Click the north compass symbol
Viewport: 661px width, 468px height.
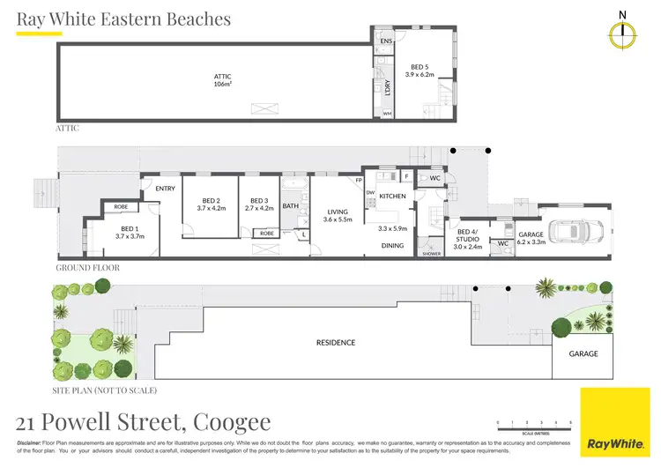[x=623, y=33]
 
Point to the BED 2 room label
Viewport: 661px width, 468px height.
[x=212, y=204]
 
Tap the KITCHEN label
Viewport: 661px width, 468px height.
[x=392, y=196]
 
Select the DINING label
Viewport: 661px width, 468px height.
[x=392, y=246]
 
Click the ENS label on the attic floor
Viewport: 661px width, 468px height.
[x=385, y=41]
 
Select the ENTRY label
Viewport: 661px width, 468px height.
[x=165, y=189]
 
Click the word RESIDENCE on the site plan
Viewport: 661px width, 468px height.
[x=336, y=342]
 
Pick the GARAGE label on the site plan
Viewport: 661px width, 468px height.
[x=583, y=353]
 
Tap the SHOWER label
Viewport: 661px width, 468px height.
[x=431, y=253]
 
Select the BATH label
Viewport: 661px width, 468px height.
[x=291, y=206]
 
